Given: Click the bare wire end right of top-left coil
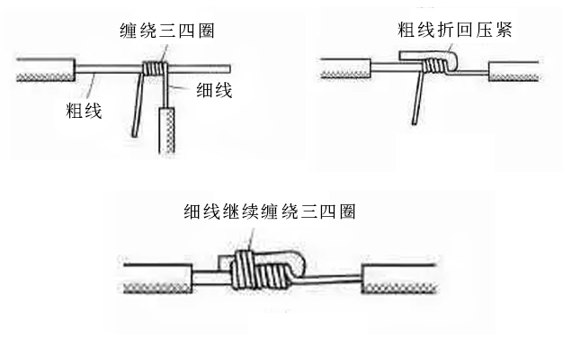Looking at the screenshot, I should coord(202,67).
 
